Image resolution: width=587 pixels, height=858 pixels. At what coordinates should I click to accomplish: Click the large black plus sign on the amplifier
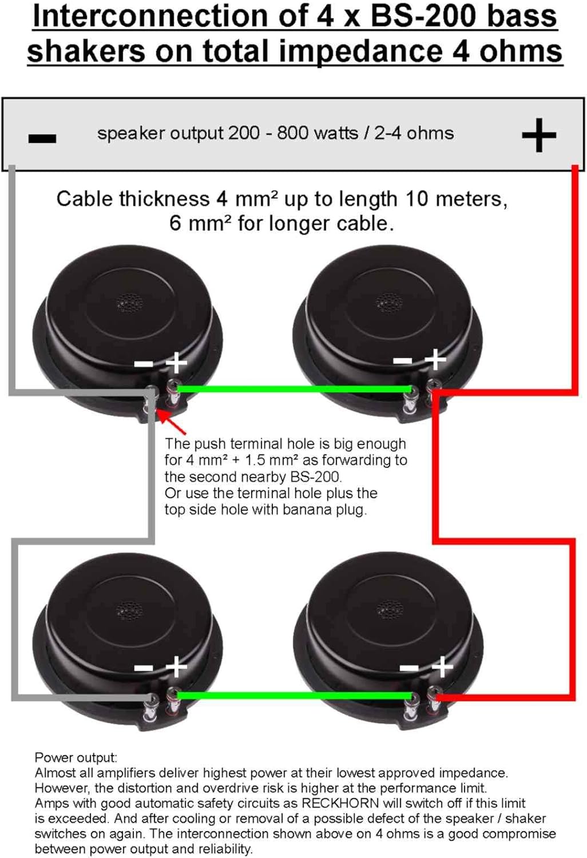pos(539,135)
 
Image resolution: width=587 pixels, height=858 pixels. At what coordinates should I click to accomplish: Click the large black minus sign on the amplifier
pos(42,138)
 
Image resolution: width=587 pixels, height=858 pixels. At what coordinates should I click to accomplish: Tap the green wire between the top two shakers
pos(294,390)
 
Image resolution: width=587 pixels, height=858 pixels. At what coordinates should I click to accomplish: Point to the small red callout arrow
pos(171,422)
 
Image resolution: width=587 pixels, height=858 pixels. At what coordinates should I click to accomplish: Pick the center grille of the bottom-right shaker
pos(390,610)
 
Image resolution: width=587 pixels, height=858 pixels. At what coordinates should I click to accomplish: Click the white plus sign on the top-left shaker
pos(176,362)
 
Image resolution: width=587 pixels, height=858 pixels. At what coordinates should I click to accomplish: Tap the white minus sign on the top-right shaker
pos(403,360)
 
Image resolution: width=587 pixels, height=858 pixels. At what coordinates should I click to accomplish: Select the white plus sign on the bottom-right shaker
pos(443,668)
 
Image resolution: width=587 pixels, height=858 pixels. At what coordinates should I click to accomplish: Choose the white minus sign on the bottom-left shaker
pos(144,669)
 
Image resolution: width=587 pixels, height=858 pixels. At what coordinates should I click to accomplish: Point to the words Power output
pos(76,758)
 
